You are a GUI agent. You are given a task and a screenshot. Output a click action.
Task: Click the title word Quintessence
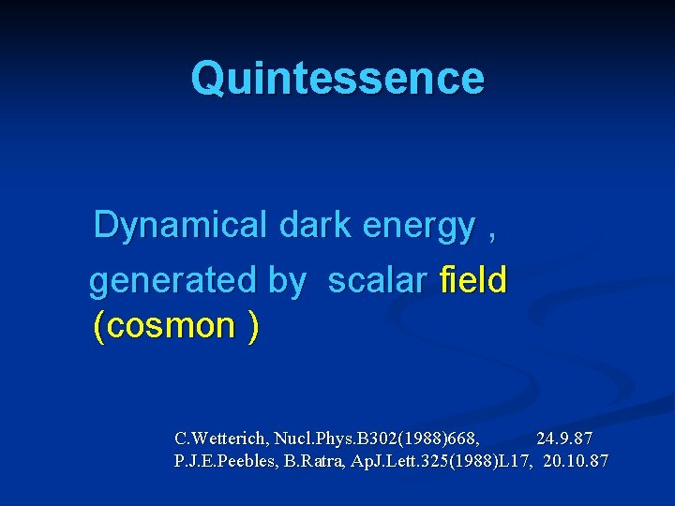[337, 79]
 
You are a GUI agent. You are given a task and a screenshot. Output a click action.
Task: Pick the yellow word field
[472, 279]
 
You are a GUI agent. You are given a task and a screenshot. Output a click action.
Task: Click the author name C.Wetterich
[221, 439]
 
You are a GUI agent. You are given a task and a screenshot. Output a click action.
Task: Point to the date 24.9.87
[564, 439]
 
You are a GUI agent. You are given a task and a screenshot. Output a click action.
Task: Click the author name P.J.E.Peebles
[223, 461]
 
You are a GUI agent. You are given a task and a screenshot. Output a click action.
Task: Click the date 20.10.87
[576, 461]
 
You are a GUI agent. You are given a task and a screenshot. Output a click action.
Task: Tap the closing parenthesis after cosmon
[253, 326]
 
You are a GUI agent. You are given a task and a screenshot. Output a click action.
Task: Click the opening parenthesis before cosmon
[99, 326]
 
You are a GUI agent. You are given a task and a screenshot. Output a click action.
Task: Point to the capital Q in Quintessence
[208, 79]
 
